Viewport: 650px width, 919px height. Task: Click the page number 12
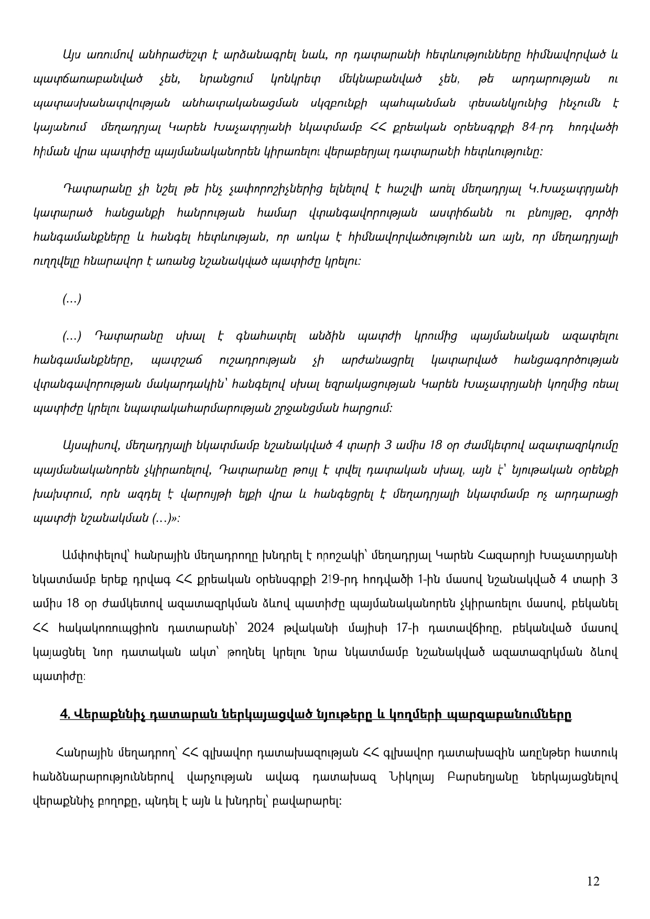coord(593,881)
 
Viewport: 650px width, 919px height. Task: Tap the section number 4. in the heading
coord(66,715)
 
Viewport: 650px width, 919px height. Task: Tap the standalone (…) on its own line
coord(72,299)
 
